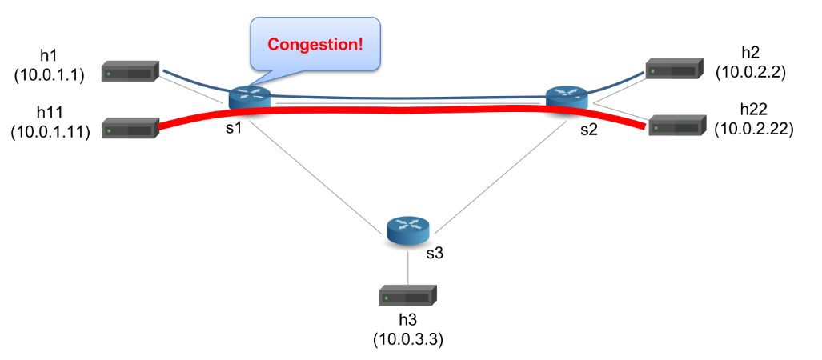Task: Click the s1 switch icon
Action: (x=250, y=98)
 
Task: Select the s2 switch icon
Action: (x=567, y=98)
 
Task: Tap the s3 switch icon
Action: (x=408, y=231)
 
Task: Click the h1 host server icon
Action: (x=130, y=70)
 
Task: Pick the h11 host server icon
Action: (x=130, y=128)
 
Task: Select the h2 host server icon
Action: (x=674, y=68)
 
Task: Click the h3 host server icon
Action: (x=408, y=296)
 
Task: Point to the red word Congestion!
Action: (x=315, y=44)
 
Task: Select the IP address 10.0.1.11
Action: (x=50, y=131)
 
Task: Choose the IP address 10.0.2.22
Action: (x=754, y=129)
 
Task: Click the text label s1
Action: (x=234, y=127)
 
